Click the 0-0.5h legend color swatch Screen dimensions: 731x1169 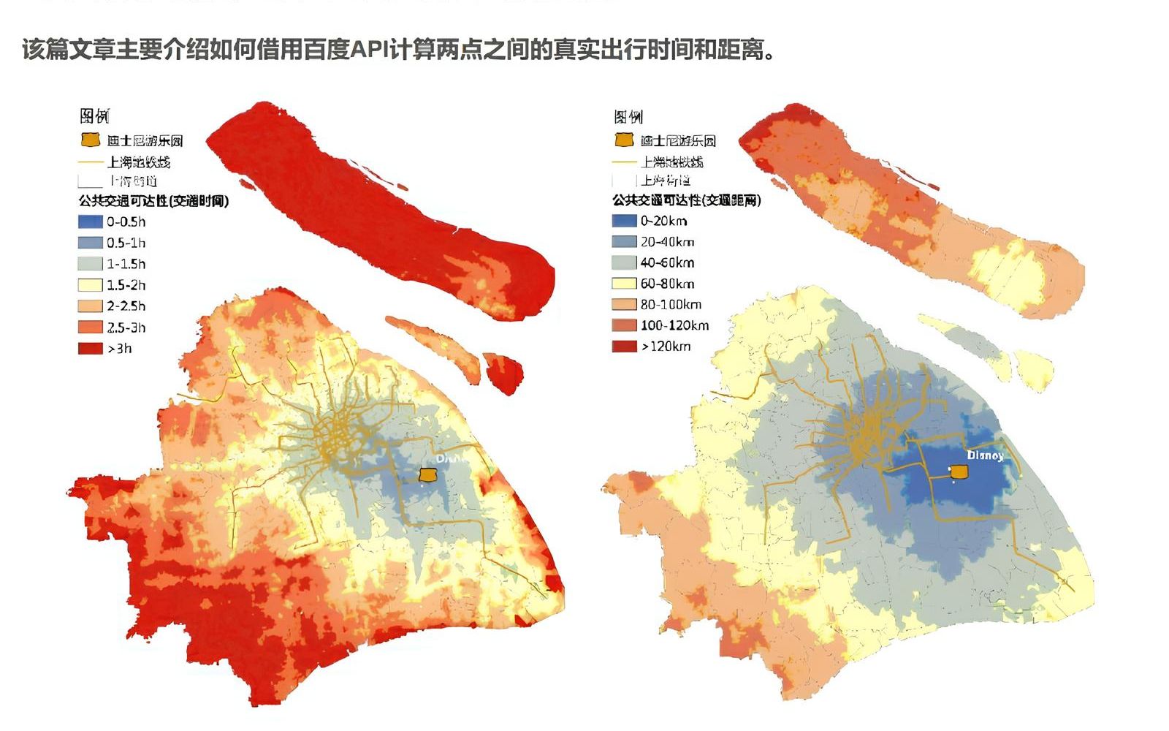tap(90, 221)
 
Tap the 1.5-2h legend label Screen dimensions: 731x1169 tap(126, 285)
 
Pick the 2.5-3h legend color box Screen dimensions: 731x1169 tap(90, 327)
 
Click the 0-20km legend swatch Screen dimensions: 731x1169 tap(624, 221)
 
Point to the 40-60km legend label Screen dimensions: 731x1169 tap(667, 262)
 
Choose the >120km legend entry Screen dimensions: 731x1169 tap(666, 346)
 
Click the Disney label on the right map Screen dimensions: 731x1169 tap(985, 455)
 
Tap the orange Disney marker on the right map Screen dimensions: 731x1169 tap(959, 474)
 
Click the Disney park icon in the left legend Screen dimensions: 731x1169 tap(90, 140)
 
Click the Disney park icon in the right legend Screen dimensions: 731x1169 tap(624, 140)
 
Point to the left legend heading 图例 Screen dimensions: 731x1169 tap(94, 116)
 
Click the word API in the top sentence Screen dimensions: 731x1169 tap(369, 50)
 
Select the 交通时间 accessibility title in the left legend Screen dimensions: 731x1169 tap(153, 201)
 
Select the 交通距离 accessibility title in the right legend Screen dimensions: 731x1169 tap(687, 200)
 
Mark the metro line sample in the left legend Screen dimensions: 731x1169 tap(90, 162)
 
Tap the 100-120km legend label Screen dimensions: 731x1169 tap(674, 326)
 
